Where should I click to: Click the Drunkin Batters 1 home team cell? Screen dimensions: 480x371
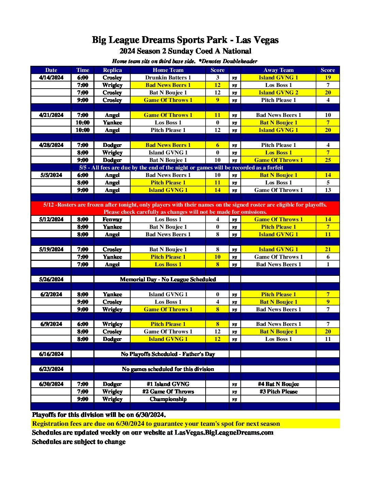(168, 78)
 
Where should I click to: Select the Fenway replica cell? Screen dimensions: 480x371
(112, 220)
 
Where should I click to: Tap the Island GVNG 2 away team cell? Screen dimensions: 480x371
(278, 93)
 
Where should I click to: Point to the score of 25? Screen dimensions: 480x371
(328, 160)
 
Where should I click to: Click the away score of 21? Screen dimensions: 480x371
(328, 250)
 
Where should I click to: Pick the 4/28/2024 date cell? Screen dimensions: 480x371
(51, 145)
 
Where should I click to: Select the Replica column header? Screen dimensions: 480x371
(112, 70)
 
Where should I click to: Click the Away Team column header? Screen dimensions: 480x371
(278, 70)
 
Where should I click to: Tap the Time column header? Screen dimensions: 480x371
(83, 70)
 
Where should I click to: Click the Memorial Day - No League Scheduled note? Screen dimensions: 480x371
(168, 280)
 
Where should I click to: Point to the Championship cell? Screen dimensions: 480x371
(168, 399)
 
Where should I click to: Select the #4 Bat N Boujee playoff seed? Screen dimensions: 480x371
(278, 384)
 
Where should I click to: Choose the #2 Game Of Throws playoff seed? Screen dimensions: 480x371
(168, 392)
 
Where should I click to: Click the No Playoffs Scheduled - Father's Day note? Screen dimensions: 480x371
(168, 354)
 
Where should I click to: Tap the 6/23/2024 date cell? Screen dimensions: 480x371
(51, 369)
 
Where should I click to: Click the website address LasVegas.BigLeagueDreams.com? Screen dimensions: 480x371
(224, 433)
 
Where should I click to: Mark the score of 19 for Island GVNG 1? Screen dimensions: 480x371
(328, 78)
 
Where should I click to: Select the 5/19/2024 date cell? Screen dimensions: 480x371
(51, 250)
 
